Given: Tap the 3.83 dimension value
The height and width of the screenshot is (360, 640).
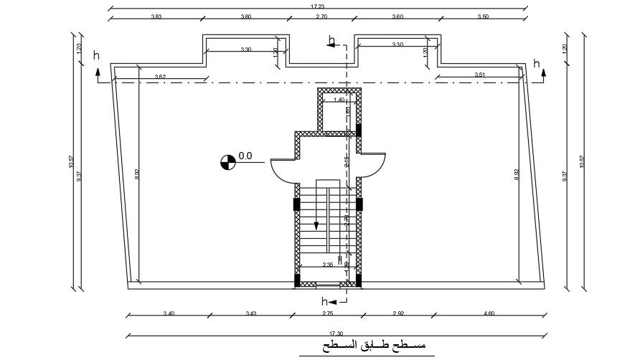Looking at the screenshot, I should (156, 16).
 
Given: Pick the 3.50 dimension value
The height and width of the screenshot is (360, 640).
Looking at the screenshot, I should (484, 16).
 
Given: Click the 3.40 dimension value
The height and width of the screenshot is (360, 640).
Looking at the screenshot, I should (169, 313).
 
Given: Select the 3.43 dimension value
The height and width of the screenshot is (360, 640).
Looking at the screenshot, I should (251, 313).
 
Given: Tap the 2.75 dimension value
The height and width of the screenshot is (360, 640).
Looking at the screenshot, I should (328, 313).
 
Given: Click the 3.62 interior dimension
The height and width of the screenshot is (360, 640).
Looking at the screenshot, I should (160, 77).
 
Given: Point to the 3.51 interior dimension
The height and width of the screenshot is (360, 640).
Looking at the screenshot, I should (480, 75).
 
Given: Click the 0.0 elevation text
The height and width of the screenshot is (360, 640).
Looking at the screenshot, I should (245, 155).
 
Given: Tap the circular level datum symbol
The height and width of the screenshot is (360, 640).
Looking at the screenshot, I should (227, 163).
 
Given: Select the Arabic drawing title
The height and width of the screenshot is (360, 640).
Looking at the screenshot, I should (368, 347).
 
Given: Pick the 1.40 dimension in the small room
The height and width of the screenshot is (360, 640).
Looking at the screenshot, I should (339, 100).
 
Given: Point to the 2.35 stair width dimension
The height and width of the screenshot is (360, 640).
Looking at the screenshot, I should (327, 265).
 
